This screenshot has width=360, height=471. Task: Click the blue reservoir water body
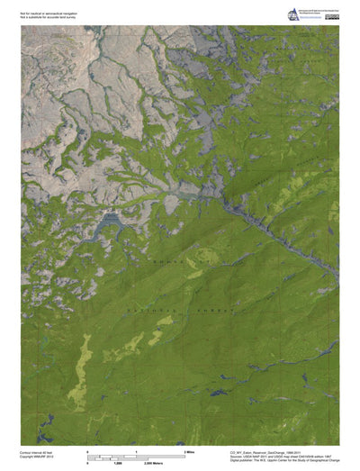point(108,219)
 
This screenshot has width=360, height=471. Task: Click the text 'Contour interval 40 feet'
point(39,452)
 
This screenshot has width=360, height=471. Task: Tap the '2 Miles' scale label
point(190,449)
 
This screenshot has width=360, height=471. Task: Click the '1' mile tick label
point(136,449)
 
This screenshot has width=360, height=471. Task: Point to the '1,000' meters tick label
point(117,461)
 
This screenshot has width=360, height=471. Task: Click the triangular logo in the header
point(291,14)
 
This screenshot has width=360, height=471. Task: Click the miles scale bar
point(135,455)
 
